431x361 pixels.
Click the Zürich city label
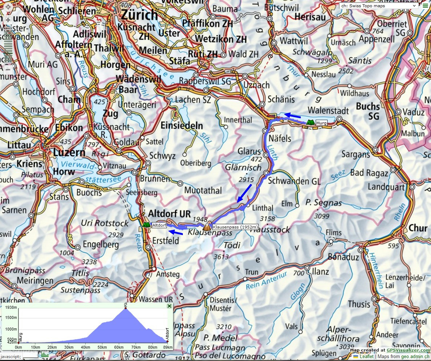coord(139,15)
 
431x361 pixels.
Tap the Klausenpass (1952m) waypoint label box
coord(235,227)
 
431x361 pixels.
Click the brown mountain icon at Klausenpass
coord(206,227)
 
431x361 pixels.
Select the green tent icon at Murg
coord(309,123)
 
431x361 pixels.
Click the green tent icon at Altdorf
coord(146,225)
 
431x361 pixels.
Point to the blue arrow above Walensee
coord(292,116)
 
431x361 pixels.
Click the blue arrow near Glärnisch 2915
coord(244,193)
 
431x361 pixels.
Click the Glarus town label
coord(249,151)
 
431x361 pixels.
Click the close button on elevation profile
coord(169,306)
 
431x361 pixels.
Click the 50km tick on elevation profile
coord(102,347)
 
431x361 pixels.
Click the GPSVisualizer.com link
coord(408,350)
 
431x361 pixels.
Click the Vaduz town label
coord(412,112)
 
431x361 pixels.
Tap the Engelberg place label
coord(100,245)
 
